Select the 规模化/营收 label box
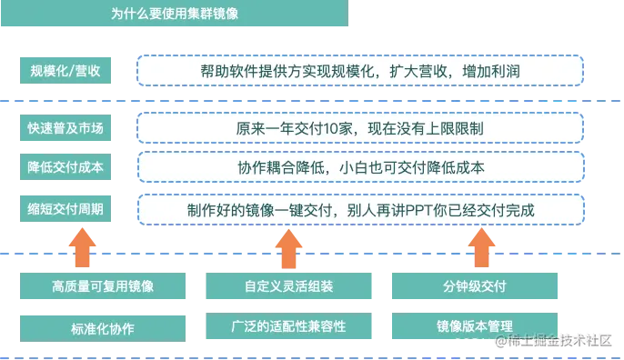(x=65, y=70)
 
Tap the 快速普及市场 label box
(x=65, y=128)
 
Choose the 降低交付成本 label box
(x=65, y=168)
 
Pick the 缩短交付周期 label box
(x=65, y=210)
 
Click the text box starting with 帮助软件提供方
(x=359, y=70)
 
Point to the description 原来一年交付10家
(x=359, y=128)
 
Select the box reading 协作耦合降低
(x=359, y=168)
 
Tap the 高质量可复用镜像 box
(x=103, y=286)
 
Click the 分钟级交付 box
(x=474, y=286)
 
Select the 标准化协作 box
(x=103, y=326)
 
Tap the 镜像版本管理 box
(x=474, y=325)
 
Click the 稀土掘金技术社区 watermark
(x=554, y=341)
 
